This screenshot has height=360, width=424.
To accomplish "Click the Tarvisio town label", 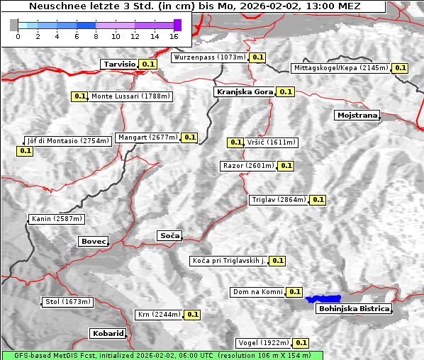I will [119, 64].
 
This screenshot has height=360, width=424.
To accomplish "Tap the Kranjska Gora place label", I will [243, 92].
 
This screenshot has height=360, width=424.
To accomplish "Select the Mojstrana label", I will [357, 115].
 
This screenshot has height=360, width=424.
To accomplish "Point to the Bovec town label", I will [93, 242].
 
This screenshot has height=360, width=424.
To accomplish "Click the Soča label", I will [169, 235].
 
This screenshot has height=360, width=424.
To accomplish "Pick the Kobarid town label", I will [108, 333].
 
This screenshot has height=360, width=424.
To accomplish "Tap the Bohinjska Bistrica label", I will [353, 309].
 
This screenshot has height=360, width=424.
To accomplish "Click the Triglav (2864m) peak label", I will [279, 200].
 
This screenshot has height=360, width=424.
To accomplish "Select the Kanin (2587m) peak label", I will [57, 219].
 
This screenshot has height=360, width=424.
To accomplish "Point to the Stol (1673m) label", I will [68, 302].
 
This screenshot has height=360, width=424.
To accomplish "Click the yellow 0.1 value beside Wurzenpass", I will [257, 57].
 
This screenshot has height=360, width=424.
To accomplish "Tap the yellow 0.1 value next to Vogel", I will [301, 343].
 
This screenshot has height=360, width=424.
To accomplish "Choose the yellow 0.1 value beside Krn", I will [192, 315].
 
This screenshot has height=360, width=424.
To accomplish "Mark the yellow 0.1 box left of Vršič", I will [235, 142].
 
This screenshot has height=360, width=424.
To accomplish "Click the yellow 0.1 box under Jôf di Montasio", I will [26, 151].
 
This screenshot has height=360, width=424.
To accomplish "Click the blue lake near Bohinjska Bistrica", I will [323, 299].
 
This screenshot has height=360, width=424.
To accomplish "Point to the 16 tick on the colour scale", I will [174, 35].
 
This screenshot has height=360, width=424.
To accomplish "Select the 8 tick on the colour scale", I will [96, 35].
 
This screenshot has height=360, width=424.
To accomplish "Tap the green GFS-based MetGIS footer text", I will [162, 355].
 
